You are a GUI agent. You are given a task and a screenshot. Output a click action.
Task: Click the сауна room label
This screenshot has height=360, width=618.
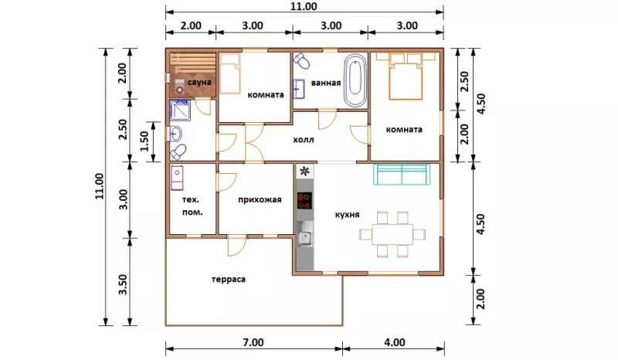[x=199, y=83]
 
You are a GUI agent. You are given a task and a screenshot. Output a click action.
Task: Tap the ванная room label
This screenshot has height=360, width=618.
[x=326, y=83]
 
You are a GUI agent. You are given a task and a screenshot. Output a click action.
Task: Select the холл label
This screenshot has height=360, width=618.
[x=304, y=140]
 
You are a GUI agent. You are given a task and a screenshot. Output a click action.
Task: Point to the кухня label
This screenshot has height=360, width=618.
[x=347, y=215]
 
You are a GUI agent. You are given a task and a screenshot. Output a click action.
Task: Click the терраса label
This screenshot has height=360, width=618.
[x=229, y=279]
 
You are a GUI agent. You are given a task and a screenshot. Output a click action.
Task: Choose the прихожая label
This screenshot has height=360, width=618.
[x=260, y=199]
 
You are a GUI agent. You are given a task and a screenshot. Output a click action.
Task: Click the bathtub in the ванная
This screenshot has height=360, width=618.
[x=355, y=80]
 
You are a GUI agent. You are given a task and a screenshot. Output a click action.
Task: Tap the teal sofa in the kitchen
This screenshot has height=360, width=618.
[x=402, y=175]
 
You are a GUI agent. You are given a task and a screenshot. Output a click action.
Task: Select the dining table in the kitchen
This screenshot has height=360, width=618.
[x=392, y=234]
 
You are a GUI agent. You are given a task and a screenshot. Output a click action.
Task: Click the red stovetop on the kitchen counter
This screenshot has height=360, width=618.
[x=304, y=200]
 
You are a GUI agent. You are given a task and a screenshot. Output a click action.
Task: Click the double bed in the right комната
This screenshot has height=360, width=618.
[x=406, y=76]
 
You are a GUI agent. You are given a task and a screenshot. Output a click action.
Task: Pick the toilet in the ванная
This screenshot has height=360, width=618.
[x=302, y=60]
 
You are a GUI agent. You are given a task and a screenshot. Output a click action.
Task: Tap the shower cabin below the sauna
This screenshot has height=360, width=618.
[x=180, y=110]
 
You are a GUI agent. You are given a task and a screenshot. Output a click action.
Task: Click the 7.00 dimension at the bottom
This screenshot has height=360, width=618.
[x=253, y=342]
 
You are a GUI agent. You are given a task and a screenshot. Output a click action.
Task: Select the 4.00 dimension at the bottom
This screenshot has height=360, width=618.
[x=395, y=342]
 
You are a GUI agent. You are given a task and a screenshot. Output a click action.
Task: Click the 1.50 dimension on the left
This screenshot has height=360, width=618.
[x=144, y=141]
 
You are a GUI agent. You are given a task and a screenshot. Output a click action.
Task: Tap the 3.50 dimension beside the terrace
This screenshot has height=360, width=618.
[x=123, y=284]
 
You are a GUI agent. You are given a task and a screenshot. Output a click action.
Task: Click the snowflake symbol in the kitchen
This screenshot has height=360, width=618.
[x=304, y=172]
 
